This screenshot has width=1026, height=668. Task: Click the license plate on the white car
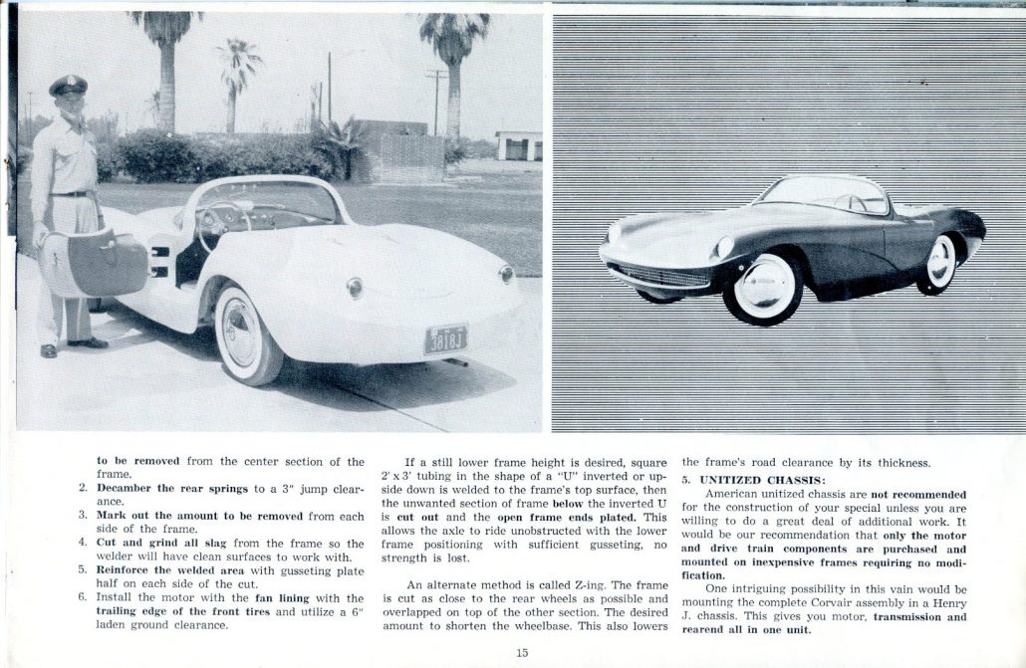tap(445, 338)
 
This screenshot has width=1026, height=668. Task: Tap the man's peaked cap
tap(68, 86)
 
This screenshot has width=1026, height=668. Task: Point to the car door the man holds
tap(94, 264)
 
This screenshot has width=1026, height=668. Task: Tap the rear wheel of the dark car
tap(940, 263)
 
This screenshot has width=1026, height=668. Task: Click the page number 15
tap(522, 653)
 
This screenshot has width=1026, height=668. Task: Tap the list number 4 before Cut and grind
tap(83, 543)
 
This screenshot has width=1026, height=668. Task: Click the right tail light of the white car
tap(507, 274)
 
